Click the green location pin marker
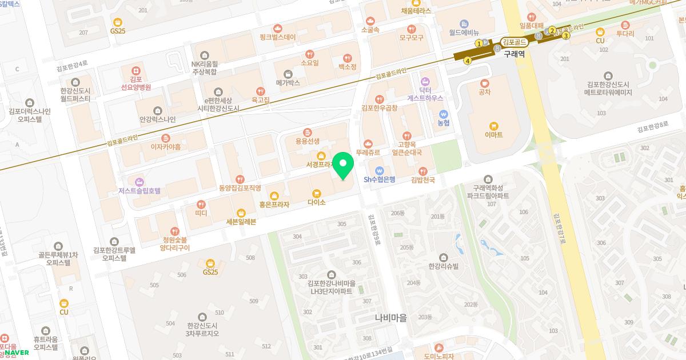(343, 166)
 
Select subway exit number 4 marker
(468, 61)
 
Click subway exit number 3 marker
(566, 35)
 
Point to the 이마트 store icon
(493, 126)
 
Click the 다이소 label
(316, 202)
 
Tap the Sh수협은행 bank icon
(379, 170)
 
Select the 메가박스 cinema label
(288, 83)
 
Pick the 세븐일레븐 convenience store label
(241, 222)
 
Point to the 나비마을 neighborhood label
(390, 318)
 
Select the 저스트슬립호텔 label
(139, 191)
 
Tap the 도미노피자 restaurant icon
(438, 347)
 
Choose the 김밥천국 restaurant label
(423, 179)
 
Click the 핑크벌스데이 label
(277, 37)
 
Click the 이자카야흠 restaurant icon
(166, 138)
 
